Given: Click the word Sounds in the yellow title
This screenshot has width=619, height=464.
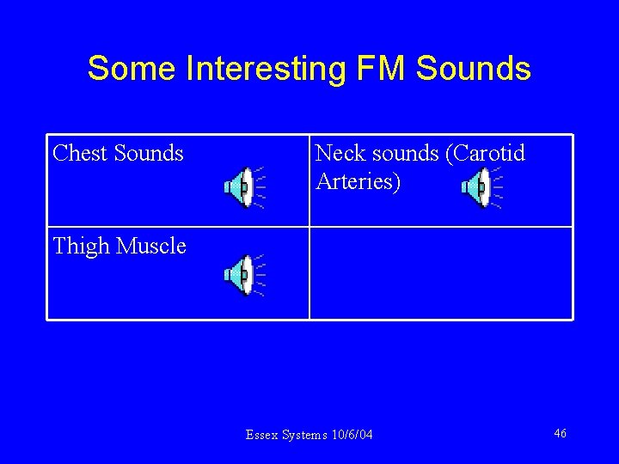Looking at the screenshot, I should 474,68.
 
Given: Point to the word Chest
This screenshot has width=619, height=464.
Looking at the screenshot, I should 80,153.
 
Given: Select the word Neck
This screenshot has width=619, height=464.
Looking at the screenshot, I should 338,153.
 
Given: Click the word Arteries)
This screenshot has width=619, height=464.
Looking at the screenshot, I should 358,182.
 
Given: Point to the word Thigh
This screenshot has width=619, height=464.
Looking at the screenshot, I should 81,247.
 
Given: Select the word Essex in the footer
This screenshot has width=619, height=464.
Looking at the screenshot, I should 260,435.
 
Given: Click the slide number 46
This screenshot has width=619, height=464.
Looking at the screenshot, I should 560,433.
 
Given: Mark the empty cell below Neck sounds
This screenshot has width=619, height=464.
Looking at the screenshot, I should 440,273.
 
